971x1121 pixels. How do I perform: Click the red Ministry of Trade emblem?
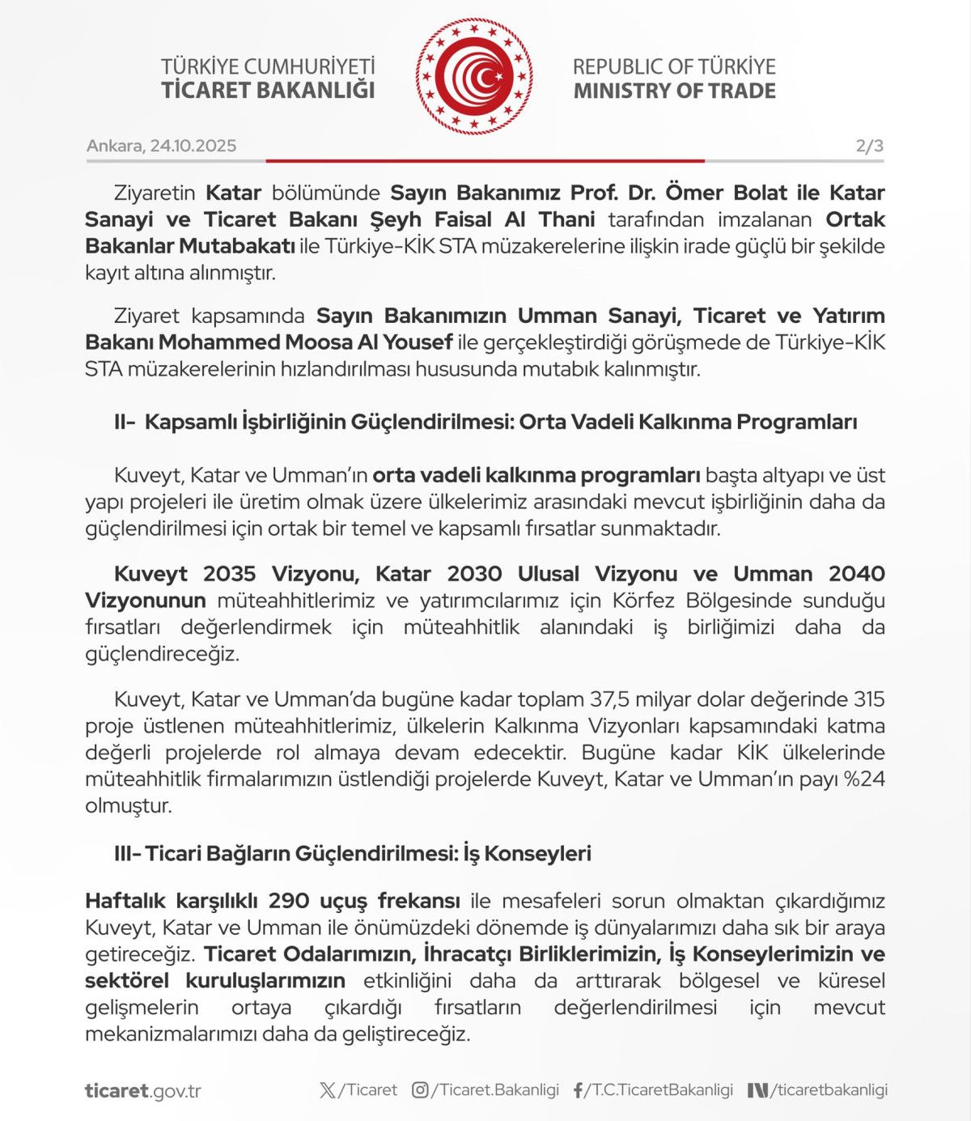point(474,77)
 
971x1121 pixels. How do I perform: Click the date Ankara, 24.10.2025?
point(161,146)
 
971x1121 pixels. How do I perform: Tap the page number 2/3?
point(869,146)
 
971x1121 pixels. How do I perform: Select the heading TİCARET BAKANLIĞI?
point(268,90)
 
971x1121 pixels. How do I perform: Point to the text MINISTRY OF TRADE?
point(674,91)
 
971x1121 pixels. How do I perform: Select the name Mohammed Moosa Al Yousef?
point(305,342)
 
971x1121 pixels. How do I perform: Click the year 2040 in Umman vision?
point(856,574)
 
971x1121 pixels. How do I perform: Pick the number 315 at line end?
point(869,699)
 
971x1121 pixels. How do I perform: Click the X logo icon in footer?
point(327,1090)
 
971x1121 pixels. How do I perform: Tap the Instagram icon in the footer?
point(420,1090)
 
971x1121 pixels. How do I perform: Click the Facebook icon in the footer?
point(578,1090)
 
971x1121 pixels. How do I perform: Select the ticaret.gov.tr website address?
point(142,1091)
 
